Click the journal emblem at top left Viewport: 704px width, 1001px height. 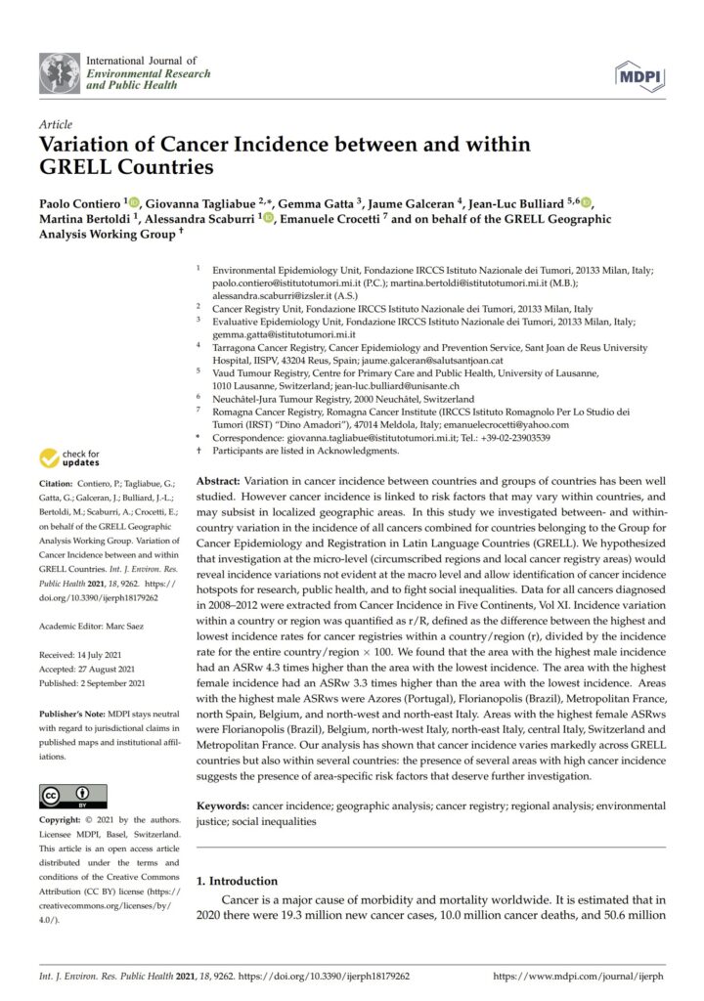click(60, 73)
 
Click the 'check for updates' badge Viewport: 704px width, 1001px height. click(71, 458)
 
